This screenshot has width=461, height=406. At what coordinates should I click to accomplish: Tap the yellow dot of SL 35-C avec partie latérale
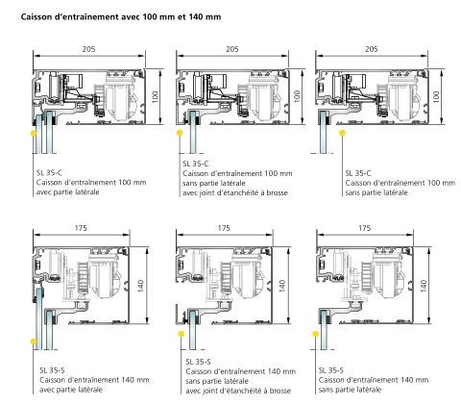click(x=34, y=134)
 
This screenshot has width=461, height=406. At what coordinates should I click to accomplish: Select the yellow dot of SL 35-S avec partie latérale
click(x=34, y=342)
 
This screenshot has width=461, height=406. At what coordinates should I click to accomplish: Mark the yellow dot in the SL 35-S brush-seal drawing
click(x=182, y=335)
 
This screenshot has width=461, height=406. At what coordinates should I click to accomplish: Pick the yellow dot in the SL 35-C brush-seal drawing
click(x=180, y=133)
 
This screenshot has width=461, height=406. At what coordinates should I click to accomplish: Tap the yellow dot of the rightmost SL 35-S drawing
click(x=316, y=335)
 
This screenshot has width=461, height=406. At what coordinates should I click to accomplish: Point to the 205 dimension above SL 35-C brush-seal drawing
click(x=232, y=49)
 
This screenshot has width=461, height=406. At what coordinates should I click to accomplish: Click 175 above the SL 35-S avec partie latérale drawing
click(x=81, y=228)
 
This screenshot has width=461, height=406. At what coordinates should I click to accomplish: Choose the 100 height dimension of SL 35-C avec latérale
click(x=155, y=97)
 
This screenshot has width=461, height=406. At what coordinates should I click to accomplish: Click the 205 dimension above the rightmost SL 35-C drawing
click(x=372, y=49)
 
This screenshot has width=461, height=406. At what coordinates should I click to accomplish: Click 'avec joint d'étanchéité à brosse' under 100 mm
click(x=235, y=192)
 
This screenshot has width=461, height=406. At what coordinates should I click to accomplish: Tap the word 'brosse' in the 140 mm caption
click(x=280, y=391)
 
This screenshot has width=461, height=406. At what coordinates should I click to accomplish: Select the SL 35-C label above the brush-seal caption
click(x=196, y=164)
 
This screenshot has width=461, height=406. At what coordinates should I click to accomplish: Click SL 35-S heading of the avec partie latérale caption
click(x=52, y=370)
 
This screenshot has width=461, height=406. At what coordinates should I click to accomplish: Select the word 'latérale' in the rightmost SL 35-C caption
click(x=396, y=192)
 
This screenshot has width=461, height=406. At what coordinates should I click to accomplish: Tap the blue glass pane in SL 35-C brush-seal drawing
click(x=193, y=132)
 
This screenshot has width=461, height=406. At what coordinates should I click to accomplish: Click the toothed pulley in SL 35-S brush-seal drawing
click(x=226, y=277)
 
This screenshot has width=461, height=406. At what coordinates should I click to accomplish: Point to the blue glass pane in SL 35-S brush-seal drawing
click(x=193, y=330)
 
